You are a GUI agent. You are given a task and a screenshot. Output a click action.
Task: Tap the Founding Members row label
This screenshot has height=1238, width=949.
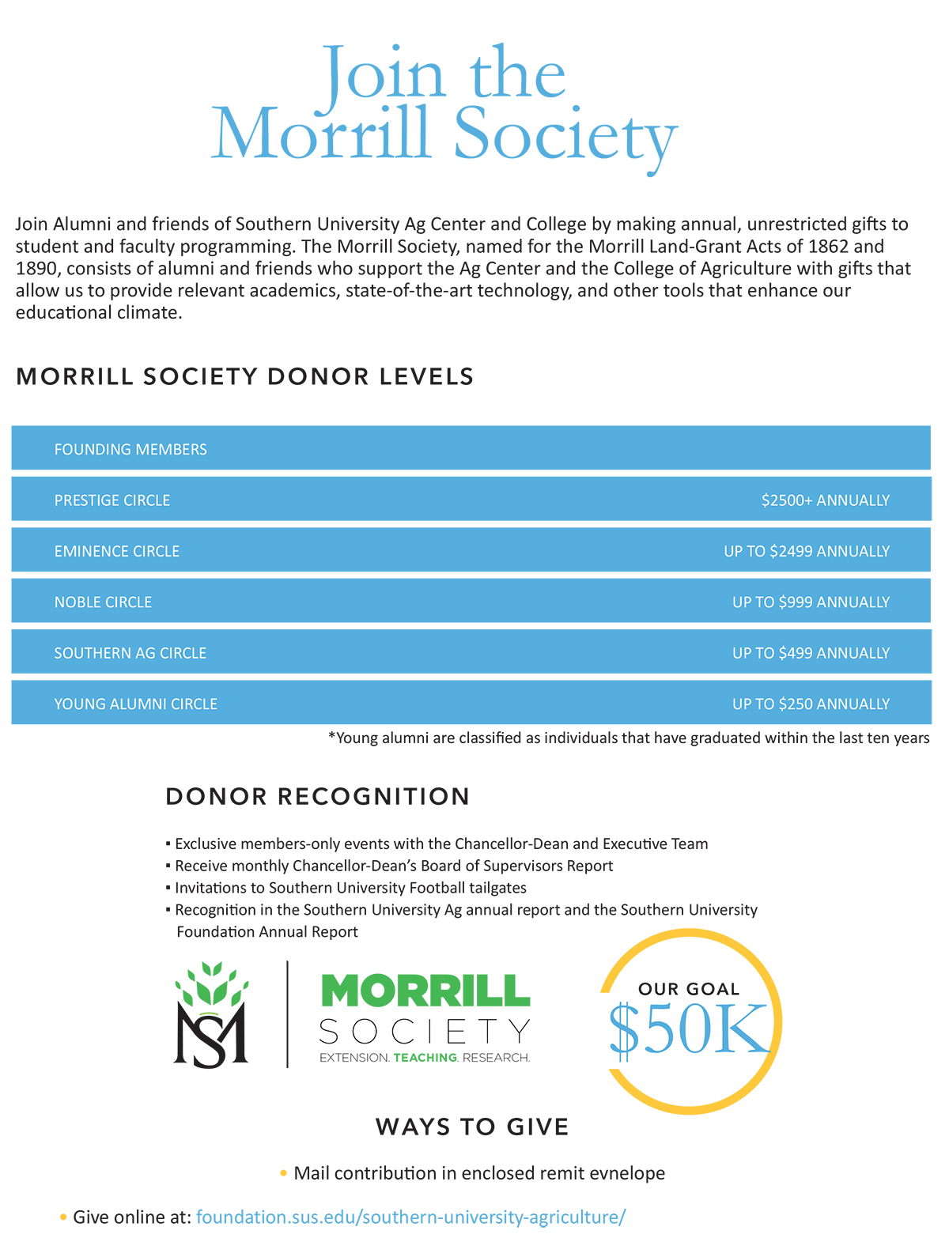130,450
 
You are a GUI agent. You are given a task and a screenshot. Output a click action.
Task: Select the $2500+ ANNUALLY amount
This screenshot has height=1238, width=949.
825,500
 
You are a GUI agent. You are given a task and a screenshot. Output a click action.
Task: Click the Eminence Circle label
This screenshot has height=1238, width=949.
117,552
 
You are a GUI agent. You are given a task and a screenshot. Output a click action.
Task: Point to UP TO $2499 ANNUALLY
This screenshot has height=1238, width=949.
807,552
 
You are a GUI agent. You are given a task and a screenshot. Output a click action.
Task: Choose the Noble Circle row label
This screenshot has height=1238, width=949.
103,602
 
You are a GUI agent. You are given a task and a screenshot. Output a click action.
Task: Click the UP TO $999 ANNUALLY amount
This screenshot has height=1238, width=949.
811,602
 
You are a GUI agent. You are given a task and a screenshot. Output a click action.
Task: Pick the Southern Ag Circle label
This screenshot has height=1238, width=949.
130,654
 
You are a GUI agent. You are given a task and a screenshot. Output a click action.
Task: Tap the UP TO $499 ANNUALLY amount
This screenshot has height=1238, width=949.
811,654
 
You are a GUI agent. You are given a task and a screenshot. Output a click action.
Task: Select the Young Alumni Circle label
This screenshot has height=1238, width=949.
135,704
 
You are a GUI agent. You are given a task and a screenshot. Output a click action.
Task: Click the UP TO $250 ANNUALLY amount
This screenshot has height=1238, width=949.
811,704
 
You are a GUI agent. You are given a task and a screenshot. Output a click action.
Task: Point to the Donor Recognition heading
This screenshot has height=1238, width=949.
317,797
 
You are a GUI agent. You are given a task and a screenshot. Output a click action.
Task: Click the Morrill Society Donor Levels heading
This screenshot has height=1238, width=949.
244,377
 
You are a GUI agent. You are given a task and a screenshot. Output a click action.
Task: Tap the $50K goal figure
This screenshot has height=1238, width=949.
689,1030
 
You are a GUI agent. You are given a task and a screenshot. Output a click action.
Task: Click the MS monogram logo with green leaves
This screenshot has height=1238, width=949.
211,1016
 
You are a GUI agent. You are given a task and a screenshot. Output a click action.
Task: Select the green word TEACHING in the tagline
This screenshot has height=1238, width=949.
425,1058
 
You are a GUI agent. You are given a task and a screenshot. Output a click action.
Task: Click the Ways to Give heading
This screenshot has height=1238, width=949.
472,1127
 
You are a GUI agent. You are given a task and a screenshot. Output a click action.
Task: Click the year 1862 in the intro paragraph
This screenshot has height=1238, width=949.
828,247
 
